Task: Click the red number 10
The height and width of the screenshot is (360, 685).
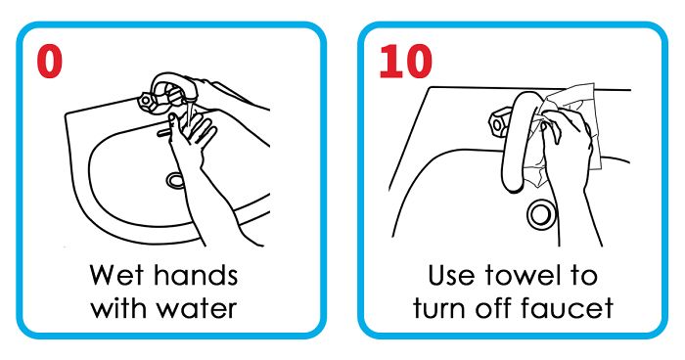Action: [404, 61]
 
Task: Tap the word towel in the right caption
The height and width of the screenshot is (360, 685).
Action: [533, 273]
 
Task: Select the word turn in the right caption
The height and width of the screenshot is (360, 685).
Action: [444, 308]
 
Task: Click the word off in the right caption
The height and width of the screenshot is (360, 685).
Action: [506, 308]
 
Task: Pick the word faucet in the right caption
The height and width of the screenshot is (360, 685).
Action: [575, 308]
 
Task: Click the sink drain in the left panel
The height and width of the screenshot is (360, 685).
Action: [175, 180]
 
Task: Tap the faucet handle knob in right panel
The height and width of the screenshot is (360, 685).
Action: [498, 124]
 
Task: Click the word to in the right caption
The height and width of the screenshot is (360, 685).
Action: [585, 273]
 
